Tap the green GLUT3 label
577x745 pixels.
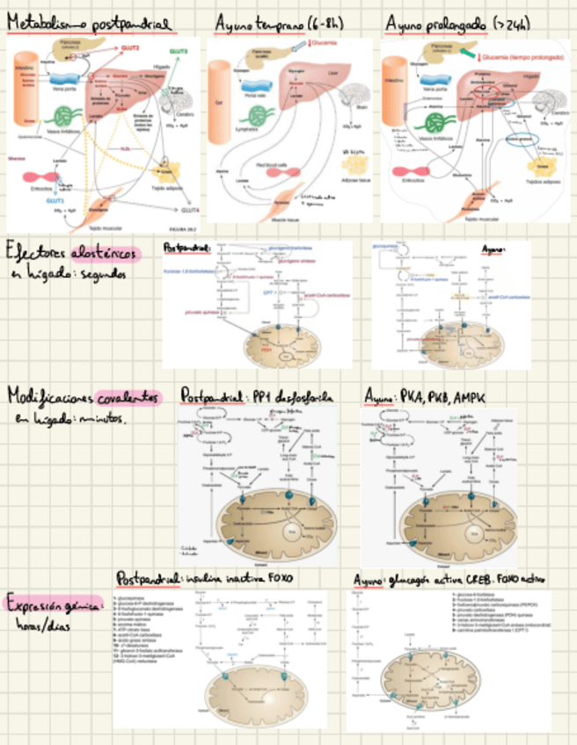[x=178, y=53]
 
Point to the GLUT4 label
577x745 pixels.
[x=190, y=211]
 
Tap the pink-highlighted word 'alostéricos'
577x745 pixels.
[x=109, y=254]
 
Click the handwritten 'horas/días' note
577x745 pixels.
[x=42, y=626]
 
